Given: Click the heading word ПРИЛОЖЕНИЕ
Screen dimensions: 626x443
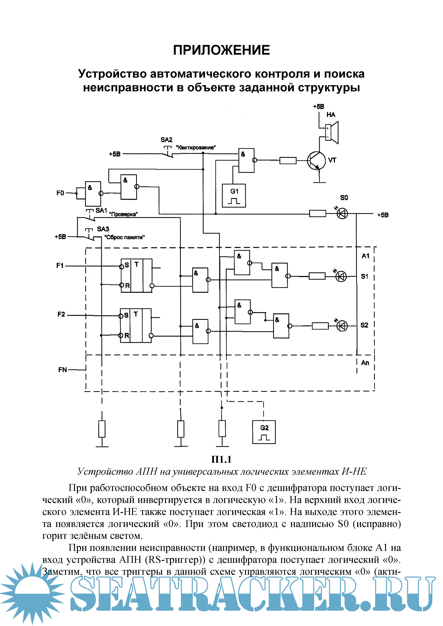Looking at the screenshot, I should click(221, 50).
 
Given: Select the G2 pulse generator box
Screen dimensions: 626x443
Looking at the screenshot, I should click(264, 432).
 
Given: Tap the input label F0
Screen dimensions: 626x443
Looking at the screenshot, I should click(60, 193).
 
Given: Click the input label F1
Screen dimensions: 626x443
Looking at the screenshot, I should click(60, 265).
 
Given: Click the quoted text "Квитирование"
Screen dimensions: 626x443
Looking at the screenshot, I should click(196, 148).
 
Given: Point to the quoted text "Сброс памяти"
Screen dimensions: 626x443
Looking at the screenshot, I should click(124, 237).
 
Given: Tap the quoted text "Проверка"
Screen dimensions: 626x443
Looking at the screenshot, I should click(123, 214).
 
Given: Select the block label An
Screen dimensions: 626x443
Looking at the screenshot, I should click(365, 363).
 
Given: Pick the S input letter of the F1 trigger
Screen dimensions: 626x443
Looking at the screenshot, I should click(127, 265).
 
